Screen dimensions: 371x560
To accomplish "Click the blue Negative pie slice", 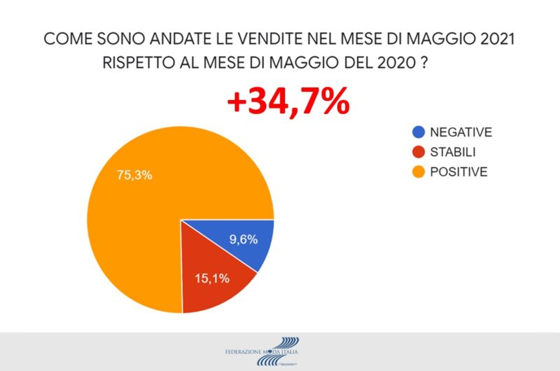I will click(241, 241).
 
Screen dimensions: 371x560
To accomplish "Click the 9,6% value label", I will click(244, 239).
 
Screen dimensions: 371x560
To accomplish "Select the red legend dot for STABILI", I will click(419, 151).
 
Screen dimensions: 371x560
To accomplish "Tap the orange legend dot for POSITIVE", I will click(419, 171).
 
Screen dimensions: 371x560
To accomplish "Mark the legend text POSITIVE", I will click(458, 171).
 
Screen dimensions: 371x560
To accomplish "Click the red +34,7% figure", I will click(288, 103).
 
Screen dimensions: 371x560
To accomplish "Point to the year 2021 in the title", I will click(494, 39).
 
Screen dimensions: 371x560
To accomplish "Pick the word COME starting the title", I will click(67, 39).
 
